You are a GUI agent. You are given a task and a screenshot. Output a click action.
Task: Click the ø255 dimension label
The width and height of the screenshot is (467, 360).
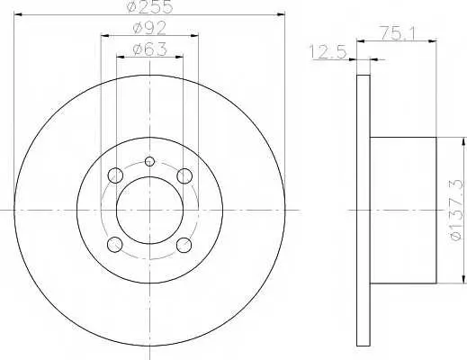point(150,6)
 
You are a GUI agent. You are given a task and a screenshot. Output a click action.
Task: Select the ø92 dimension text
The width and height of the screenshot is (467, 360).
point(149,28)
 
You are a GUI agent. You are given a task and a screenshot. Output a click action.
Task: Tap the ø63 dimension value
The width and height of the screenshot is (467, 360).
point(149,49)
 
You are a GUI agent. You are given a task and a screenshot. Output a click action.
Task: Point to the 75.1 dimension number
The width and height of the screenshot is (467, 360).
point(397,32)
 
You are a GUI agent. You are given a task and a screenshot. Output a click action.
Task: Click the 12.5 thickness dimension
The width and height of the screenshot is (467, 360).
point(328,51)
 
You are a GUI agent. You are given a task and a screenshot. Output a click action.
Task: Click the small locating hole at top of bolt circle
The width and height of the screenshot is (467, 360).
point(149,162)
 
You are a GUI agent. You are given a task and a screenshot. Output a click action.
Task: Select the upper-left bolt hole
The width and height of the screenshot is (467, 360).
point(115,175)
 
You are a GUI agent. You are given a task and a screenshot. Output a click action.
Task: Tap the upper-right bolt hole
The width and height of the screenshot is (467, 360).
point(184,175)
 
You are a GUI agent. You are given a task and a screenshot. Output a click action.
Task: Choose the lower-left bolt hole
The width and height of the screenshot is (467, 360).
point(114,245)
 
